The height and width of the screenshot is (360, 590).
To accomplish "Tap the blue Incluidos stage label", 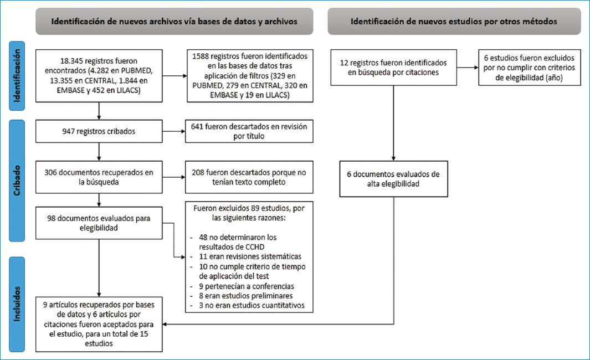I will click(x=19, y=304).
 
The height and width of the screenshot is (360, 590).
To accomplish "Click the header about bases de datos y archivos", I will click(x=175, y=22).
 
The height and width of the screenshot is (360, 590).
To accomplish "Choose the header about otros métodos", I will click(x=454, y=22).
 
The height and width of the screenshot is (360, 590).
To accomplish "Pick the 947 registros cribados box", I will click(x=98, y=131).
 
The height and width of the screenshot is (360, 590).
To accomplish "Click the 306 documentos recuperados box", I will click(x=98, y=177).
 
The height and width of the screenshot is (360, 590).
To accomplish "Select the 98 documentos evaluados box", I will click(x=98, y=222).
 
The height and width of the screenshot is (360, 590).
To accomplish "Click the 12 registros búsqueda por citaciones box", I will click(x=393, y=68).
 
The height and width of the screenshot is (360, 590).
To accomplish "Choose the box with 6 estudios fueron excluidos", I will click(x=530, y=68).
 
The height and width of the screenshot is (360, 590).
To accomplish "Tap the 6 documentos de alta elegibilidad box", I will click(x=393, y=179).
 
